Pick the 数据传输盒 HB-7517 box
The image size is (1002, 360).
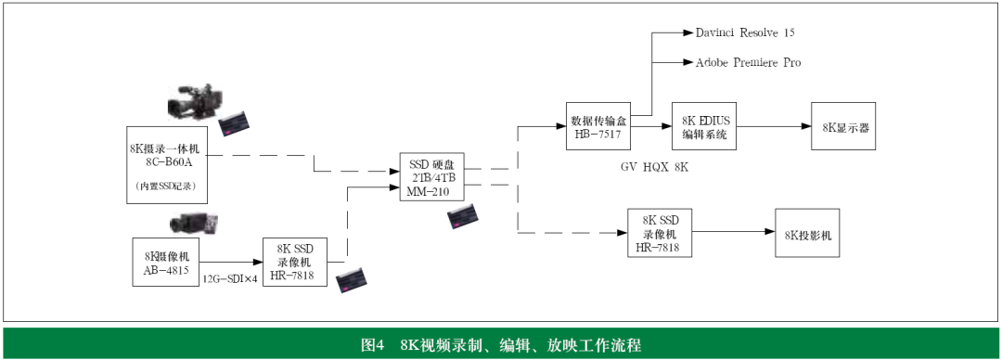pos(599,126)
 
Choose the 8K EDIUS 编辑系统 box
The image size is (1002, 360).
pos(704,126)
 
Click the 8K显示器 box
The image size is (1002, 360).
pos(844,126)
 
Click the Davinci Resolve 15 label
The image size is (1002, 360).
pos(745,32)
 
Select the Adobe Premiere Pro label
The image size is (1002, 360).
pos(748,62)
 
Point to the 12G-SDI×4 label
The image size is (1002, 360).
pos(230,278)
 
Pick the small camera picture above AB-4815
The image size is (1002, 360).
pos(193,224)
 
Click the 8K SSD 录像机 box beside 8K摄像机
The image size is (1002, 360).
pos(295,261)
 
